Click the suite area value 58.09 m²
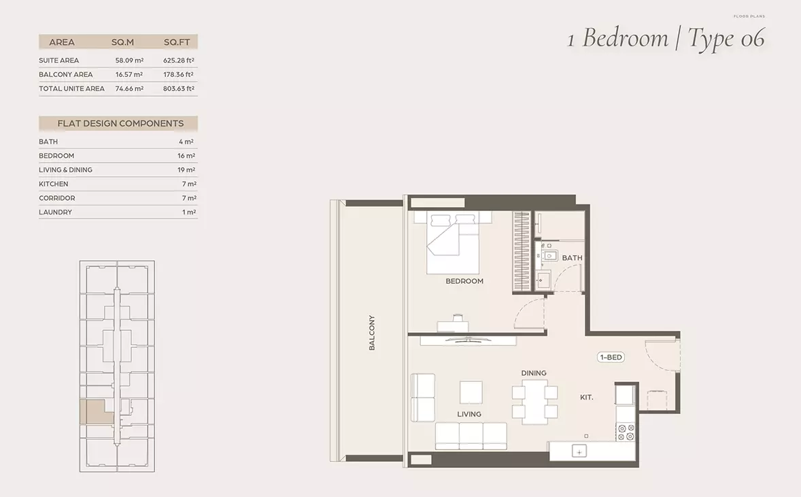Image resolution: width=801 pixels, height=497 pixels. point(129,61)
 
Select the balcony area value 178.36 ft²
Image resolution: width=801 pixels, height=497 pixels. point(178,74)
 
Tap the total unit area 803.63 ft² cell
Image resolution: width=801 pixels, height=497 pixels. point(179,89)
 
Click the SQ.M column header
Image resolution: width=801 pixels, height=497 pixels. point(122,42)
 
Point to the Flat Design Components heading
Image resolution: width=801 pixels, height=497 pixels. point(120,123)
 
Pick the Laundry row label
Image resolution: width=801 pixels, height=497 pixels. point(55,212)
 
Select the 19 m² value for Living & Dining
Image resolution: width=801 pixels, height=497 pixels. point(186,170)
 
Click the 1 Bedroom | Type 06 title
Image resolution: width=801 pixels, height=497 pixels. point(666,38)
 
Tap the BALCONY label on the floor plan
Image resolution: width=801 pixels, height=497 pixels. point(372,332)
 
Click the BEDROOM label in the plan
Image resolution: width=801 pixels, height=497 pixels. point(464,280)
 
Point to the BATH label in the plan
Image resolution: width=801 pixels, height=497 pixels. point(572,258)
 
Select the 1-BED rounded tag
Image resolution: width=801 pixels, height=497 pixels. point(611,357)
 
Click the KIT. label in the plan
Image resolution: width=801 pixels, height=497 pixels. point(586,397)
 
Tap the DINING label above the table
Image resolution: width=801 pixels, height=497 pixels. point(534,373)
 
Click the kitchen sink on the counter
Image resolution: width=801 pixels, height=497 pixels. point(579,451)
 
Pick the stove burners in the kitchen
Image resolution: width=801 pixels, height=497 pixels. point(626,432)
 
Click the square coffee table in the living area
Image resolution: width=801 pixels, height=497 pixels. point(471,393)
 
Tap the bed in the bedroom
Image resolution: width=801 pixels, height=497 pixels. point(453,243)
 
